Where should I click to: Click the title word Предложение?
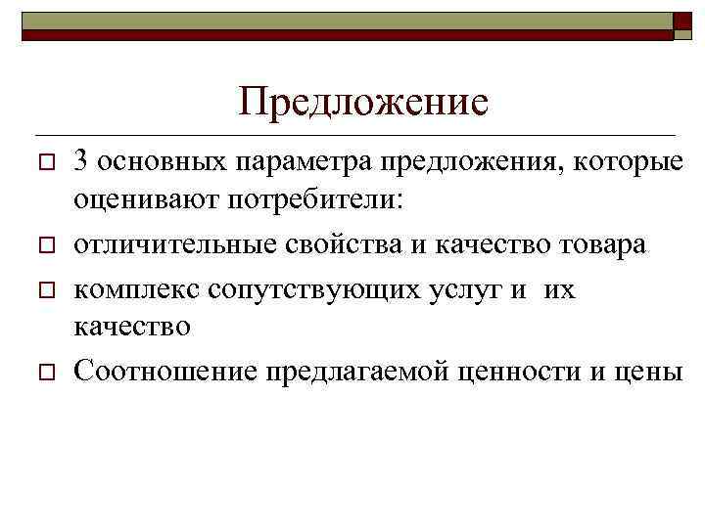tap(363, 102)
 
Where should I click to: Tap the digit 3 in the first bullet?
tap(81, 161)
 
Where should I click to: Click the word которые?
tap(626, 161)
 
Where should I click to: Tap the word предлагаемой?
tap(331, 371)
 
